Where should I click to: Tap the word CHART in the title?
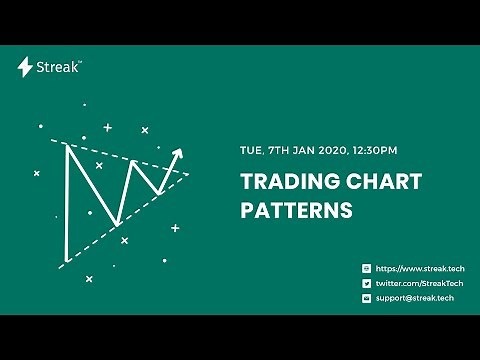pos(379,182)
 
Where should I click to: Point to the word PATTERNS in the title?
pos(296,211)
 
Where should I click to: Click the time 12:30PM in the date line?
pos(374,151)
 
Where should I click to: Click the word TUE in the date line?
pos(252,151)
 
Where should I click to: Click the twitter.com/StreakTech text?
pos(416,283)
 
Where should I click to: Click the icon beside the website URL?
pos(367,269)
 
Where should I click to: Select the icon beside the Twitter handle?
pos(367,283)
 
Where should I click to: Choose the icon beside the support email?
pos(367,298)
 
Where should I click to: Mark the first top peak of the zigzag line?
pos(66,146)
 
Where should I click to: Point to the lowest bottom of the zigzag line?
pos(117,223)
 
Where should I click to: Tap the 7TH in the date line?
pos(278,151)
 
